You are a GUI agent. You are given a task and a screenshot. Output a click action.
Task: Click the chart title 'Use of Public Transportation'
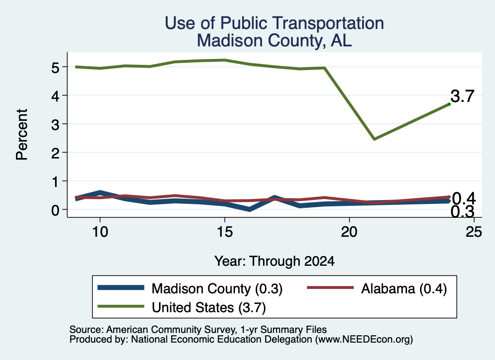pos(275,23)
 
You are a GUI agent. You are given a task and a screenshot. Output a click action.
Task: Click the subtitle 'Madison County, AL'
pos(275,41)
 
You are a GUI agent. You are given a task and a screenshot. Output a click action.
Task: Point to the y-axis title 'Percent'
pos(22,135)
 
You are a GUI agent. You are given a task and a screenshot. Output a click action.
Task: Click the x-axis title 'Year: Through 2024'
pos(275,261)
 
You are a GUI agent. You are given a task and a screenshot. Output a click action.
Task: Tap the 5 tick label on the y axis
pos(55,68)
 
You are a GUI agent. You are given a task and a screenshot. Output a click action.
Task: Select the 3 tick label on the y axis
pos(55,125)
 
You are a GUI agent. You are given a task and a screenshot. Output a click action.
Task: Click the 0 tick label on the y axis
pos(55,210)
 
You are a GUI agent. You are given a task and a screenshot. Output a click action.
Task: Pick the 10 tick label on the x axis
pos(100,232)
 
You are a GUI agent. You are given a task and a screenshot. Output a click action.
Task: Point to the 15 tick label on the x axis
pos(225,232)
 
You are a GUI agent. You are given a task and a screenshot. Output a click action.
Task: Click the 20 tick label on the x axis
pos(349,232)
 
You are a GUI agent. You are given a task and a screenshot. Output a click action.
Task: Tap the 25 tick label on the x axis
pos(474,232)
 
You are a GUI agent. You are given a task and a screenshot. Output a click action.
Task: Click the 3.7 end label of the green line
pos(463,96)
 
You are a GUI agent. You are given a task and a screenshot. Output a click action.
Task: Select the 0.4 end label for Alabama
pos(464,199)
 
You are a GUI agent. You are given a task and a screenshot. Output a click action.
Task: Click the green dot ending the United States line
pos(449,104)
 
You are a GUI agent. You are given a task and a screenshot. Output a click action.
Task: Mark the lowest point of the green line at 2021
pos(374,139)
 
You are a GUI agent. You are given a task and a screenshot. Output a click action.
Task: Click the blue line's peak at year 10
pos(100,192)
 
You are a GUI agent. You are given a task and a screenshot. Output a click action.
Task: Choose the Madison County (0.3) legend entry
pos(190,288)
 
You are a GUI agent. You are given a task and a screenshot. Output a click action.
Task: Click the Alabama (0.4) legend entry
pos(377,288)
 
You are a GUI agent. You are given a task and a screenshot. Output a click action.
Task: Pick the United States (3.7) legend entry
pos(182,307)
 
